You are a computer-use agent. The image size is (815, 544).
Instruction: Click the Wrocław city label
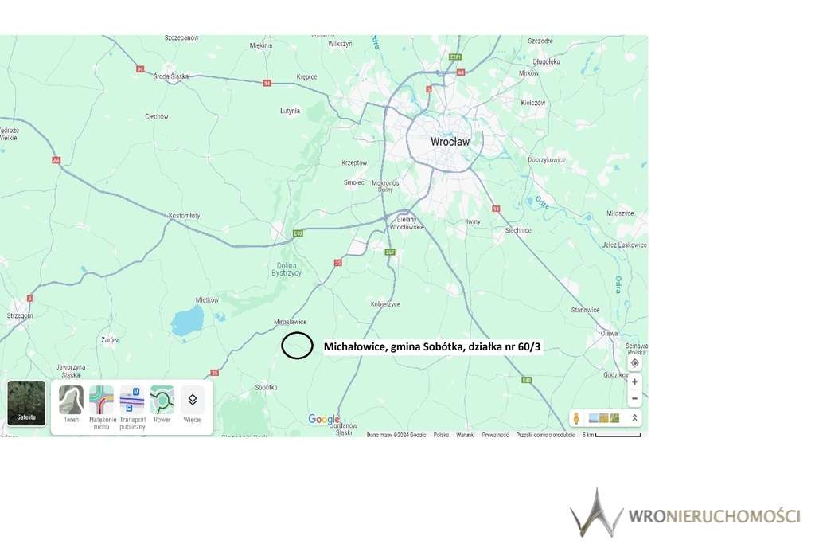point(450,142)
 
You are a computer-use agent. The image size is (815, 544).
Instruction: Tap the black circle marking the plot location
point(297,345)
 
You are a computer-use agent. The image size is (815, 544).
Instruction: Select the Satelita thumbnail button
point(26,403)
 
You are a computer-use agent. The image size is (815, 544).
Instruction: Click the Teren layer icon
point(71,400)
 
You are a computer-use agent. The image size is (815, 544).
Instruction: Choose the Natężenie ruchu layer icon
point(101,400)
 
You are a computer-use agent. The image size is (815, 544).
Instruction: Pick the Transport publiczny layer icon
point(131,400)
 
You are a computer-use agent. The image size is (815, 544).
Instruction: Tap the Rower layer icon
point(162,400)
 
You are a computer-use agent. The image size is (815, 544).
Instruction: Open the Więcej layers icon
point(192,400)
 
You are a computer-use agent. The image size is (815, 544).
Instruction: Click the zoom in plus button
point(634,382)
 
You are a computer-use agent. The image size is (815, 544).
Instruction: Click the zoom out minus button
point(634,398)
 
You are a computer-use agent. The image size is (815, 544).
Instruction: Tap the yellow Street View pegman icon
point(575,418)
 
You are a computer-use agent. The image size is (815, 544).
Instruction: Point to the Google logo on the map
point(324,420)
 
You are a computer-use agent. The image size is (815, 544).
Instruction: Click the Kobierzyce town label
point(385,304)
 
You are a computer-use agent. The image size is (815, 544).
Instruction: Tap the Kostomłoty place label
point(185,216)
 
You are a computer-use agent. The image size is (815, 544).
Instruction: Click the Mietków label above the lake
point(207,300)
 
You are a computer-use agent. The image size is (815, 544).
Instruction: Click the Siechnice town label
point(518,230)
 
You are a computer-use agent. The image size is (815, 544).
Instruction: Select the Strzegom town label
point(19,316)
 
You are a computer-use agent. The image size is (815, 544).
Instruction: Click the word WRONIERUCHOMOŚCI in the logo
point(714,516)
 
